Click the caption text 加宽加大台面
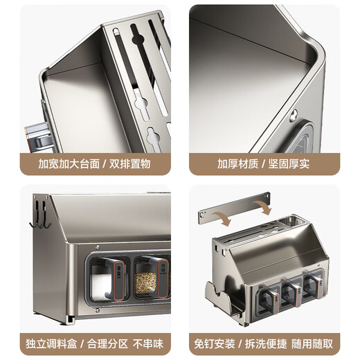coord(69,164)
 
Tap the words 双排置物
coord(130,164)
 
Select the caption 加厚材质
coord(237,164)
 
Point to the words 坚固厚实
coord(289,164)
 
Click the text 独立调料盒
coord(51,344)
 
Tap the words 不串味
coord(148,344)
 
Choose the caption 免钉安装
coord(215,344)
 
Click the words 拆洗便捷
coord(266,344)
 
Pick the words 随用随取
coord(312,344)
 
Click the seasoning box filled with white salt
coord(108,279)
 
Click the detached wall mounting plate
coord(234,208)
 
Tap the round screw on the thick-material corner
coord(294,116)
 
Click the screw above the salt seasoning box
coord(98,247)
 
